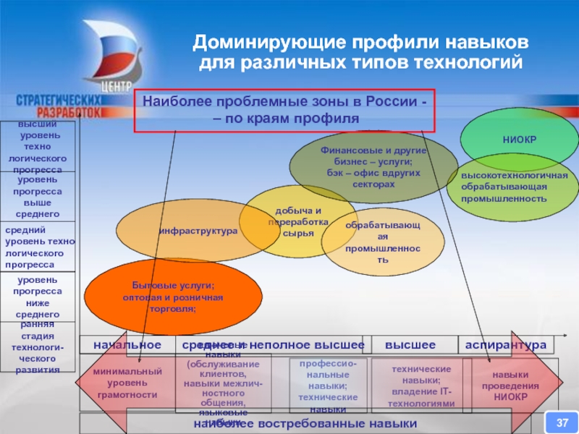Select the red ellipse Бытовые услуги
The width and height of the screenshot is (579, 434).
[x=173, y=297]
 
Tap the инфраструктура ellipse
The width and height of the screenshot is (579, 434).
[x=198, y=231]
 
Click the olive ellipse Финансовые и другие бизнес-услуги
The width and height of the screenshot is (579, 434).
[x=373, y=167]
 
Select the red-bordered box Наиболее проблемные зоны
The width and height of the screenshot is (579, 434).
[x=284, y=110]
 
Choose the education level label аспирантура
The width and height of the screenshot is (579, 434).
[x=505, y=345]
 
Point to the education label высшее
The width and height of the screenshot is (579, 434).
[x=410, y=345]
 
